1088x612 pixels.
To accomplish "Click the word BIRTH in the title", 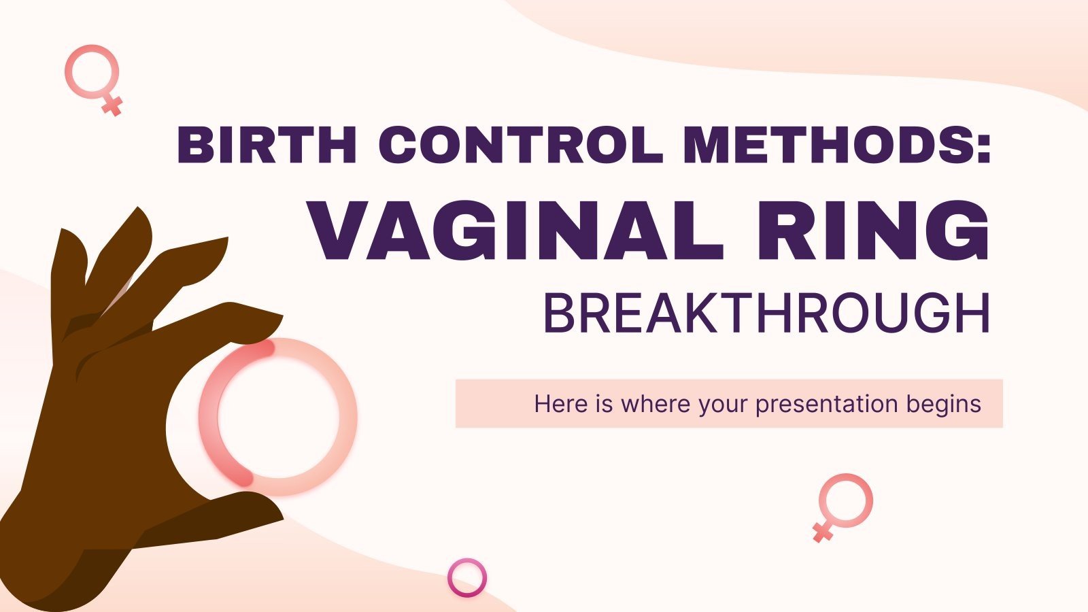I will (x=267, y=145).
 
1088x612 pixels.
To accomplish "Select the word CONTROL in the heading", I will (x=520, y=145).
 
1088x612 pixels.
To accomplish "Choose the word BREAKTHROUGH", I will (x=766, y=313).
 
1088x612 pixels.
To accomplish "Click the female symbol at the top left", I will (x=92, y=72).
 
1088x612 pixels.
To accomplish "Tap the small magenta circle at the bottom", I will (x=467, y=577).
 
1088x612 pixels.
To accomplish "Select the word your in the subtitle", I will (x=724, y=404).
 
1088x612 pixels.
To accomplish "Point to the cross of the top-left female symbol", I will (x=112, y=105).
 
